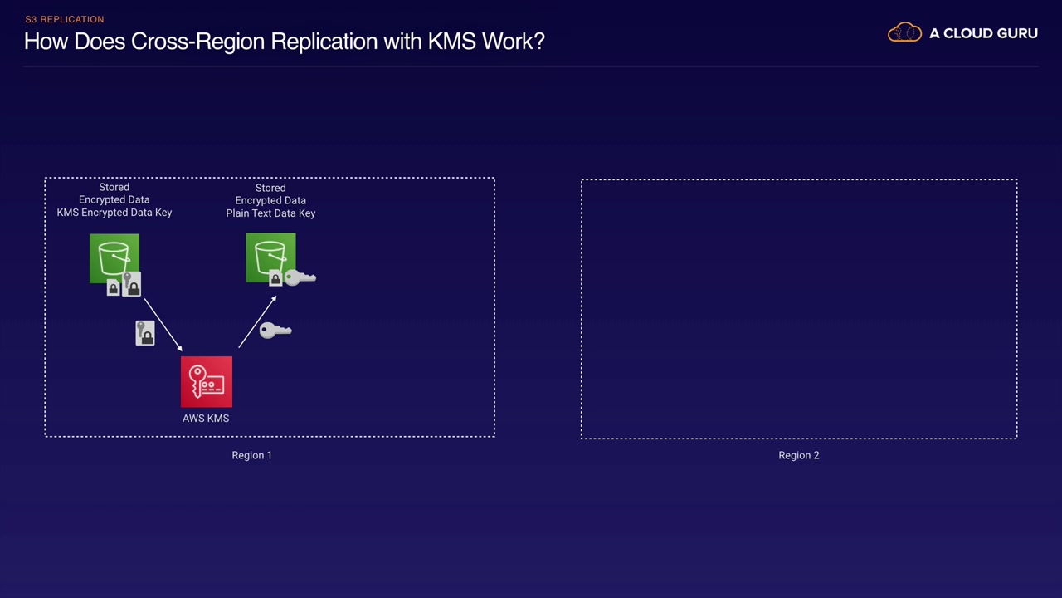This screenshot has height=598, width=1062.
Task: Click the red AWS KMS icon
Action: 207,381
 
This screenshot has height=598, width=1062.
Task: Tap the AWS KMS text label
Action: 206,418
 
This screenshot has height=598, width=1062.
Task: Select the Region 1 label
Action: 251,455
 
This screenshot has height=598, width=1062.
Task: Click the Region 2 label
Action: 799,455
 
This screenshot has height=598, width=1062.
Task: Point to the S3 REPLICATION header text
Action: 65,19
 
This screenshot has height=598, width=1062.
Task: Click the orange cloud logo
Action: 904,32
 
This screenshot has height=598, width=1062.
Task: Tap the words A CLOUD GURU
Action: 983,33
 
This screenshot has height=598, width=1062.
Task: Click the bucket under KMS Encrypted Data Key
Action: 114,258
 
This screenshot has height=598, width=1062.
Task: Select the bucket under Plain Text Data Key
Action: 270,257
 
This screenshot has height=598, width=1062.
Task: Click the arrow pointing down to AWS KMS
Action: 163,325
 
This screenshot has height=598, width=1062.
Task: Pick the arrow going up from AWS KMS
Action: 257,321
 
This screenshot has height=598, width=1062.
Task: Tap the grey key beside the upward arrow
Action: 275,331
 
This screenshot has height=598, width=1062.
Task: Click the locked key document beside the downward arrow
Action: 145,333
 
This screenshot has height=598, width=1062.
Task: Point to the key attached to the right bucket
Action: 300,277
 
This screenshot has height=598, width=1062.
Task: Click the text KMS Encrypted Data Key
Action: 114,212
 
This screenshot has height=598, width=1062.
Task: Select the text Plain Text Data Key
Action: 270,213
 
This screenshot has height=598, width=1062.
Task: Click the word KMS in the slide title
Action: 452,42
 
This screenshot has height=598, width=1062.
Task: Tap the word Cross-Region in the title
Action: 197,42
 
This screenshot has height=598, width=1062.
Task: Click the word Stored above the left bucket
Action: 114,187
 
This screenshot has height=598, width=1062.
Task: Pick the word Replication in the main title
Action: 324,42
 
